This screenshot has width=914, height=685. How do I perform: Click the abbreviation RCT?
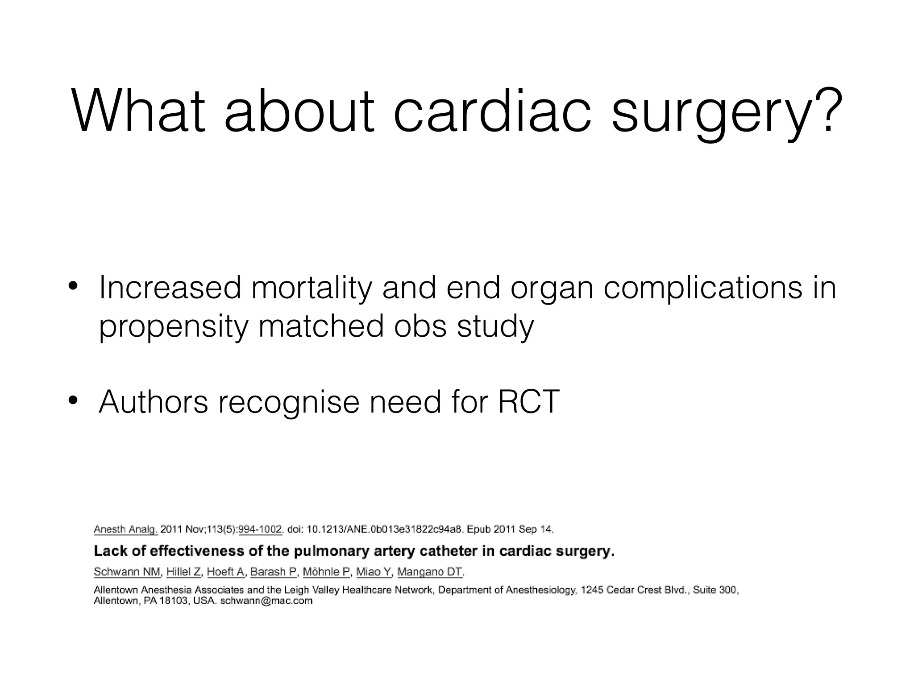point(528,402)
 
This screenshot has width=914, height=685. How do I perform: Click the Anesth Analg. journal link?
point(125,529)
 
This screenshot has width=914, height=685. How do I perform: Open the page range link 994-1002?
point(260,529)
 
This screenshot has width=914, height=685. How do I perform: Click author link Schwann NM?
point(127,572)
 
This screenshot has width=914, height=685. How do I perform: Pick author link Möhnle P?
point(326,572)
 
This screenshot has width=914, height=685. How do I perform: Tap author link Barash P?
point(273,572)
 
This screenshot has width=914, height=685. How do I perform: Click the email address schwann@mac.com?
point(266,601)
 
